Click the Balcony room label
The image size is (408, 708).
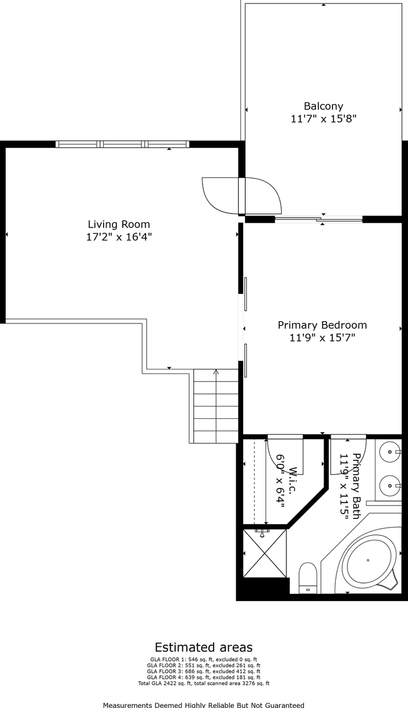pos(323,106)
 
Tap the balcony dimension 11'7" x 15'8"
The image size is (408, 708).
pos(323,119)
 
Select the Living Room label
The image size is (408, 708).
pos(119,224)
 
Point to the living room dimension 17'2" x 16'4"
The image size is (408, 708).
pos(119,237)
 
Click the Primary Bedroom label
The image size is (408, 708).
pos(322,325)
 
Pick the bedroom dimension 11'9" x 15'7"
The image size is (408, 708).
pos(322,338)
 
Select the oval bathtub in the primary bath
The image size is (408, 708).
pos(368,560)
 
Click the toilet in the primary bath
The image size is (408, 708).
pos(307,577)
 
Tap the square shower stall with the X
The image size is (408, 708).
pos(265,553)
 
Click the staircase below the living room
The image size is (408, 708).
pos(215,407)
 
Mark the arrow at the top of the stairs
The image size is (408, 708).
pos(216,371)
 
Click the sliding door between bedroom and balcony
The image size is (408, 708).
pos(318,219)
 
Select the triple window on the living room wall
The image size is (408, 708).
pos(122,144)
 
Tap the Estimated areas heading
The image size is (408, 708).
pos(203,647)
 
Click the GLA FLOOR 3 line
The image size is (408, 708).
pos(203,671)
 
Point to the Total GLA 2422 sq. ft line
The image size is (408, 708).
pos(203,684)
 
